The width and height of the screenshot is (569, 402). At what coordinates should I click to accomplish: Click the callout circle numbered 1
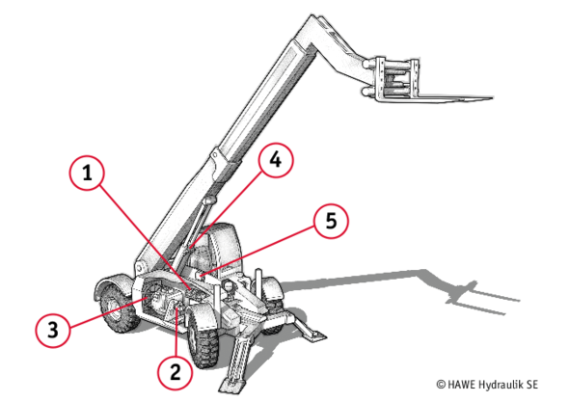tap(87, 173)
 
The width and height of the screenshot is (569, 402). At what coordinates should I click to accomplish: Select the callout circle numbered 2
tap(175, 372)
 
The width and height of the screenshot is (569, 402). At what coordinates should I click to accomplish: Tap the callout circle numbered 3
tap(53, 330)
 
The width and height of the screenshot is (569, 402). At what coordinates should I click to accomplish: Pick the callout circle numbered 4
tap(276, 160)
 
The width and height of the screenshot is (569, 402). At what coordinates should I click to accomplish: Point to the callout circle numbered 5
tap(331, 221)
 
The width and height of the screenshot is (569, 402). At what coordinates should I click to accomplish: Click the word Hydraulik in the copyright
tap(501, 385)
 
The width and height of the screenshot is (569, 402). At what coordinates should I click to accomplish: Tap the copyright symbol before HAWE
tap(441, 385)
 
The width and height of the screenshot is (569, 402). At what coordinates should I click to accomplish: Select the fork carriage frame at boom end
tap(395, 79)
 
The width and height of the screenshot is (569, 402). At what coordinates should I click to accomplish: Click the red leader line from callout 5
tap(257, 250)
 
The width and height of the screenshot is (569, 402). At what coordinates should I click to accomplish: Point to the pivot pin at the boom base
tap(140, 269)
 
